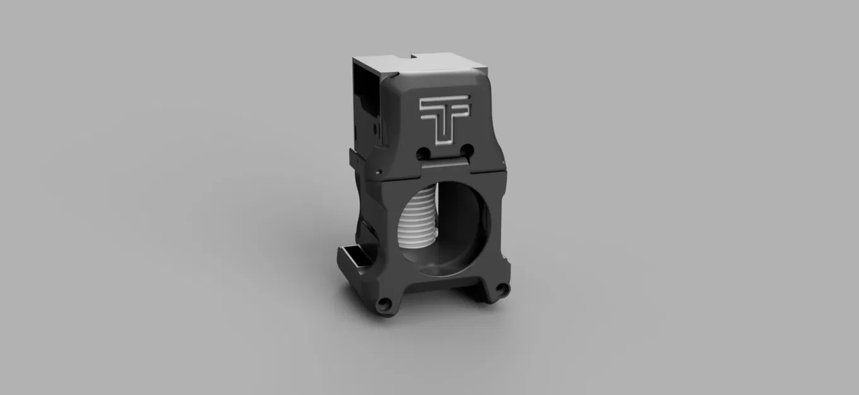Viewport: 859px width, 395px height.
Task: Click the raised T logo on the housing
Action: point(445,118)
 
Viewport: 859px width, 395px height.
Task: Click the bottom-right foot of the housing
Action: point(500,291)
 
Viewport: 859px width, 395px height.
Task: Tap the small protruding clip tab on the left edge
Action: point(351,155)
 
